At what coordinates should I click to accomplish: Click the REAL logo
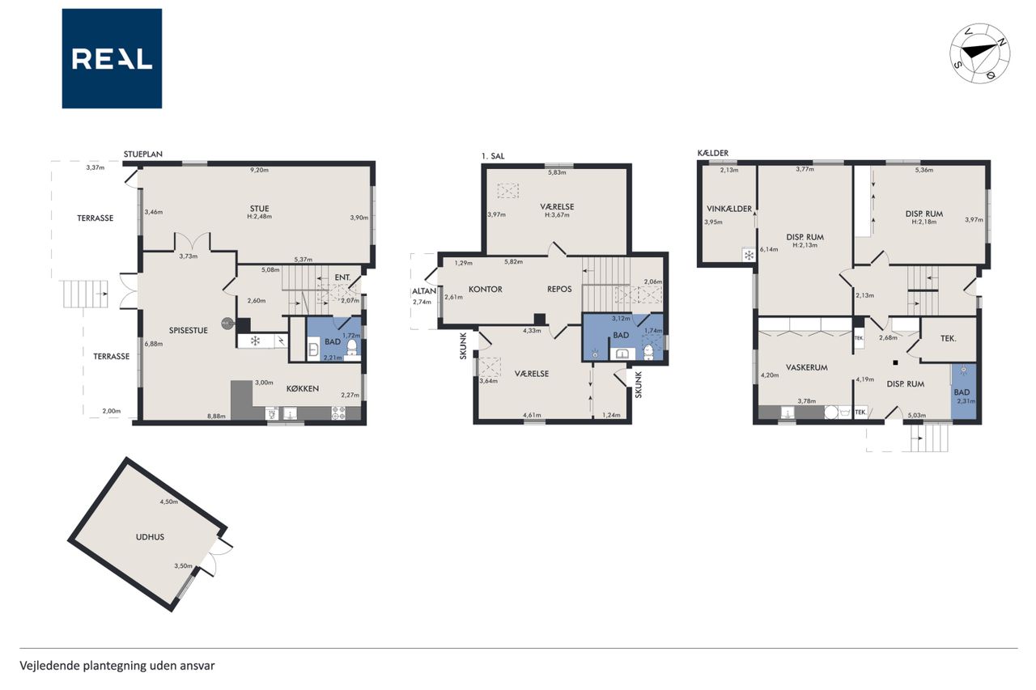point(112,59)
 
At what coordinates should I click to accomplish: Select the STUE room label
point(260,209)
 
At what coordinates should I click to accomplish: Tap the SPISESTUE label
point(189,331)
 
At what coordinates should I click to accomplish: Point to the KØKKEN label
point(303,388)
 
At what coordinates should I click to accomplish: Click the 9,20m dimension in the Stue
point(260,170)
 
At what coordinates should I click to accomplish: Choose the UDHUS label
point(150,537)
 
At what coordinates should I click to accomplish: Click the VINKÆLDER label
point(729,209)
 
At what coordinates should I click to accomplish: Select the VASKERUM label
point(807,367)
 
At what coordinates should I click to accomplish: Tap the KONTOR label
point(485,290)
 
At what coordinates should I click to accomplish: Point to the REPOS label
point(559,290)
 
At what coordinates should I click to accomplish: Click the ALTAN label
point(424,291)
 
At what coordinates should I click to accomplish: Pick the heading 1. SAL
point(493,156)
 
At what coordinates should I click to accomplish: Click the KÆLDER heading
point(713,153)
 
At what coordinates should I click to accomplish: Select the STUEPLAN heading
point(143,155)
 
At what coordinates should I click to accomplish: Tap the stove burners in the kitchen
point(338,413)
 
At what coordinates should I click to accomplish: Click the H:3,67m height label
point(557,215)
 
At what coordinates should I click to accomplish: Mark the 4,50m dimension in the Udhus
point(168,502)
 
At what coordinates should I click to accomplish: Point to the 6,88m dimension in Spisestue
point(153,344)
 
